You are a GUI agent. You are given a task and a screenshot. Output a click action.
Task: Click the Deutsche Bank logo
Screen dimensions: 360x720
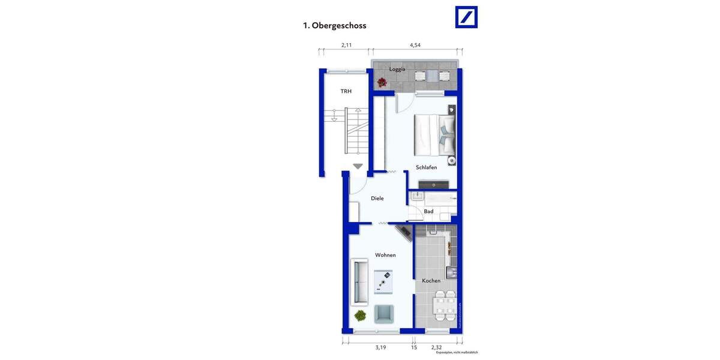pos(466,17)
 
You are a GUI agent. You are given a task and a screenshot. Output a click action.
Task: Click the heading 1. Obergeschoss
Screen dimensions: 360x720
pos(334,26)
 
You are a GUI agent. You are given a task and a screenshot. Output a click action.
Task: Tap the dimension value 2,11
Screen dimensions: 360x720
pos(346,45)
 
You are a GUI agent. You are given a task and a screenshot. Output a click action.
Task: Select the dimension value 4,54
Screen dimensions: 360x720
pos(415,45)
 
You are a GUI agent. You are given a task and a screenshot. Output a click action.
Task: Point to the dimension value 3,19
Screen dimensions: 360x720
pos(380,347)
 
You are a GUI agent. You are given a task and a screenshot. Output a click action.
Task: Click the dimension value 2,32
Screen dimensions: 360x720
pos(437,347)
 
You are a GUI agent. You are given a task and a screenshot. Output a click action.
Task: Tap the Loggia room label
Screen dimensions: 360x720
pos(397,69)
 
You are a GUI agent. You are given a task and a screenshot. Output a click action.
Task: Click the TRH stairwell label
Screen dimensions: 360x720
pos(346,91)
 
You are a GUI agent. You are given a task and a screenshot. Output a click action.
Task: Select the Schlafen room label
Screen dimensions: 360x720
pos(426,167)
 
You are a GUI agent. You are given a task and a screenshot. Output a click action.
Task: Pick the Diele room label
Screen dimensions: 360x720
pos(377,199)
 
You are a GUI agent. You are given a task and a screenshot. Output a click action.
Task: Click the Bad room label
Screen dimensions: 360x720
pos(428,211)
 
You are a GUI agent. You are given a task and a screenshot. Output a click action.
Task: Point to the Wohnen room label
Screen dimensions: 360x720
pos(385,255)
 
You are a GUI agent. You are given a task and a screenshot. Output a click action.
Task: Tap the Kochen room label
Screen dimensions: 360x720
pos(431,281)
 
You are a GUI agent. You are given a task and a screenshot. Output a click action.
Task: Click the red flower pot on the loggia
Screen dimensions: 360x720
pos(381,83)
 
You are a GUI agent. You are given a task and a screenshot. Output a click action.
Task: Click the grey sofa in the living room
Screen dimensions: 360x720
pos(359,281)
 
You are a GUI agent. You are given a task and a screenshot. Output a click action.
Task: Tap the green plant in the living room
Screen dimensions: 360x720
pos(360,316)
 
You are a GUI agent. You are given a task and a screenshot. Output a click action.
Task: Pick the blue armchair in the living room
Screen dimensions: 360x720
pos(384,313)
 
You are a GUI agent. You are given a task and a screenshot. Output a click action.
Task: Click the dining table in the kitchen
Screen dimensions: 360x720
pos(445,305)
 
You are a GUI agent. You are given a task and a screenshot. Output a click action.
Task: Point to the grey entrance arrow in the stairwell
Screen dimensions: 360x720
pos(358,167)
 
